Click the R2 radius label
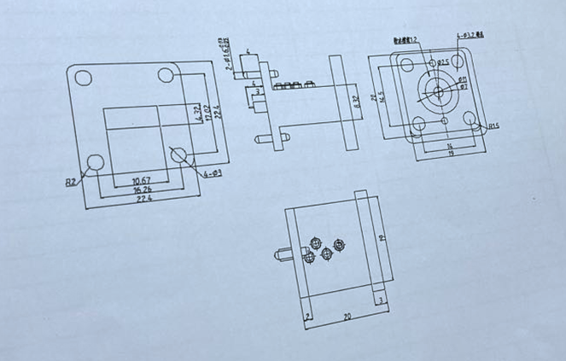72,181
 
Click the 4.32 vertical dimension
198,114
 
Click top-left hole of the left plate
83,79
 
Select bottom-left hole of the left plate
95,161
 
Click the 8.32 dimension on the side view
357,101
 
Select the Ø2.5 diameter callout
443,62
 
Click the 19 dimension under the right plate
451,153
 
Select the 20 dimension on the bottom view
347,316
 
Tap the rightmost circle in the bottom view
340,244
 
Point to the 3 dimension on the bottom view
380,300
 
